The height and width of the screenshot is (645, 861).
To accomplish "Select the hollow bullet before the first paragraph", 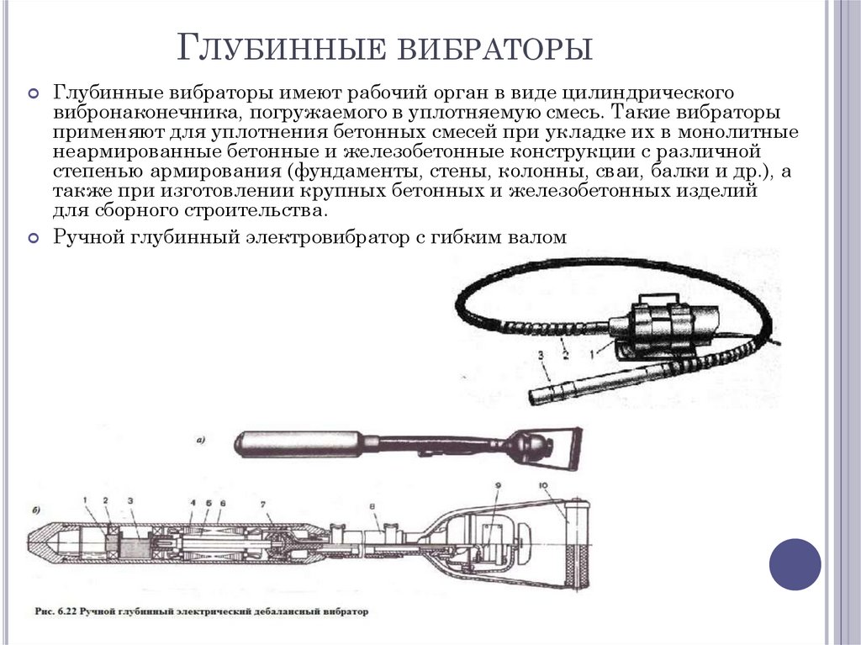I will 34,93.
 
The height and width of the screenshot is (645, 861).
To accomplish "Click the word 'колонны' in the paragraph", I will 528,172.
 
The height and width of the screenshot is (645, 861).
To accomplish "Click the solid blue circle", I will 795,564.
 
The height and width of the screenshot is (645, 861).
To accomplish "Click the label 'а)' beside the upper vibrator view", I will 200,439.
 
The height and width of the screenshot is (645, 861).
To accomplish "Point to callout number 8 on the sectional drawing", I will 373,506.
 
